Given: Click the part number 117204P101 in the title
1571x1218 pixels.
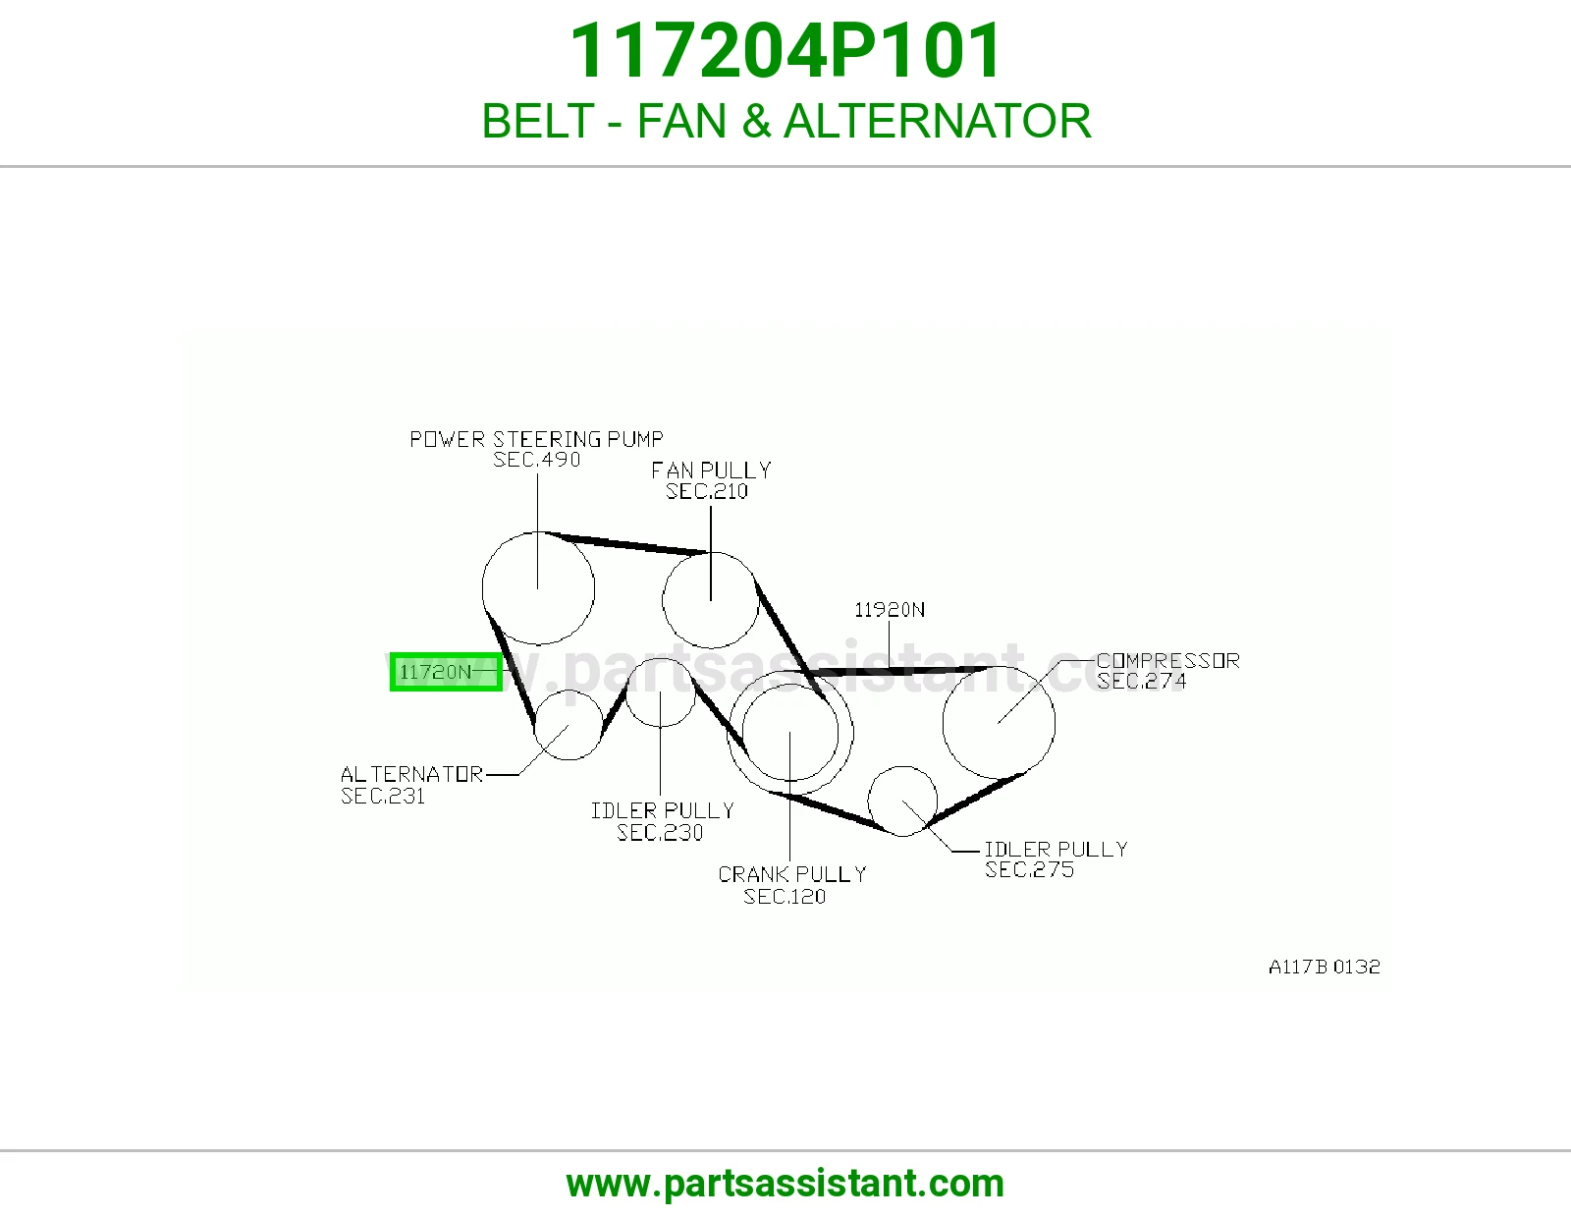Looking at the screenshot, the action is click(785, 50).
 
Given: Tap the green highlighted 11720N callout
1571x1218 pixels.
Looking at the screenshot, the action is click(446, 672).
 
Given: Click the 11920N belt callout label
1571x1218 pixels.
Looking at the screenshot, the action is click(890, 610).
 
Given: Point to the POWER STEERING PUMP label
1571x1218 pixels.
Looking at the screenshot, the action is click(536, 439).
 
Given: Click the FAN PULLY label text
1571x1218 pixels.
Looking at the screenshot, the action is click(711, 471).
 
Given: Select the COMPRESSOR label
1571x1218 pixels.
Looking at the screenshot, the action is click(1167, 660).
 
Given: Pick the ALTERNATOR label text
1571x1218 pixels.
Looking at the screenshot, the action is click(411, 775).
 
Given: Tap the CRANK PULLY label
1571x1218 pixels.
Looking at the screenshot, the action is click(791, 874).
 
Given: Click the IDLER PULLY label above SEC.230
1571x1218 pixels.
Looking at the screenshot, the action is click(662, 810).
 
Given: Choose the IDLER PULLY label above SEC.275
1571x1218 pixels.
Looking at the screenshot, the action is click(1056, 849).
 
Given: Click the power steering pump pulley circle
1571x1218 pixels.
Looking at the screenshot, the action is click(482, 588).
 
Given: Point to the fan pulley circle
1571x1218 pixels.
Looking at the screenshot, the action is click(662, 600).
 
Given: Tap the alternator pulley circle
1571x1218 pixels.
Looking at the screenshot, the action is click(534, 725).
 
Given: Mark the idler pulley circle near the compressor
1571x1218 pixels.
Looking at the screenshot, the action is click(868, 802).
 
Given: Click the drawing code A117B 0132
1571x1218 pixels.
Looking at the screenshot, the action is click(1324, 967).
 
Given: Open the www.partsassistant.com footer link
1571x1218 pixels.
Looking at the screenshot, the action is click(785, 1184).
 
